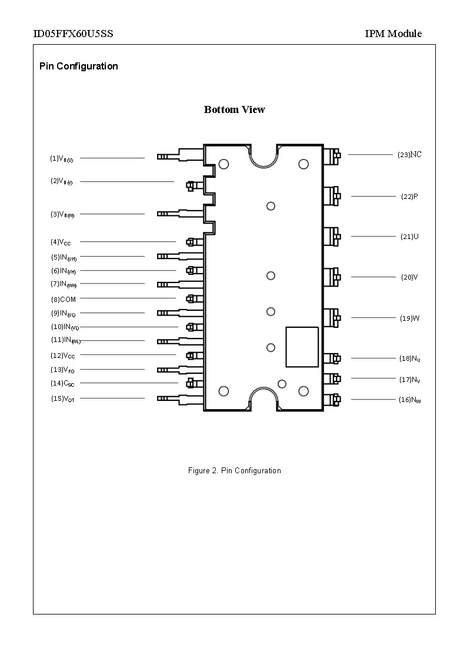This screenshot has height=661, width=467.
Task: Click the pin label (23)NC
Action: click(409, 155)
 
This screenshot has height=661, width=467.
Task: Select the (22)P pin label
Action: click(409, 197)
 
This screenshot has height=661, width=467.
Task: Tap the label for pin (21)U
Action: click(409, 237)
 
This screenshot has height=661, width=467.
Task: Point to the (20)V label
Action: click(409, 277)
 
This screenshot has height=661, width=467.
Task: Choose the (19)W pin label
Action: click(409, 318)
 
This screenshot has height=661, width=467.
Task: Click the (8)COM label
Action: click(64, 300)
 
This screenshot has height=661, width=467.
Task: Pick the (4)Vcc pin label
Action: click(61, 242)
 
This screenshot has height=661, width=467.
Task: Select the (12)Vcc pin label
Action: click(63, 356)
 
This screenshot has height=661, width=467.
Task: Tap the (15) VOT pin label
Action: click(63, 399)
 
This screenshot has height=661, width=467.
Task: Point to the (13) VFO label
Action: click(63, 370)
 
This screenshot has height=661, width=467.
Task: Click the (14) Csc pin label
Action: click(63, 384)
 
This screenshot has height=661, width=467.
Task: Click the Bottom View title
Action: click(234, 109)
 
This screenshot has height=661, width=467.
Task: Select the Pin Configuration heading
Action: click(78, 66)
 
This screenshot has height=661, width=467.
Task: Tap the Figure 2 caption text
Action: click(234, 470)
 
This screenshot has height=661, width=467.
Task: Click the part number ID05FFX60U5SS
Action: click(73, 34)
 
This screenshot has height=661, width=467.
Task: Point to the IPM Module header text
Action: click(393, 34)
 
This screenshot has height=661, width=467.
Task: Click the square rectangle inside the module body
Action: click(302, 347)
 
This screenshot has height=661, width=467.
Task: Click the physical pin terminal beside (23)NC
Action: click(332, 155)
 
